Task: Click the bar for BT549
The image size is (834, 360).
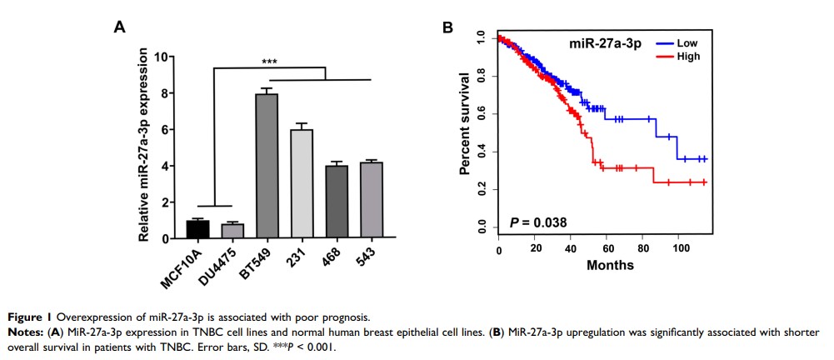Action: point(266,167)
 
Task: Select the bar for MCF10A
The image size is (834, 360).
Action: point(197,229)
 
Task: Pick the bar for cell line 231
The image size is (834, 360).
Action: point(301,184)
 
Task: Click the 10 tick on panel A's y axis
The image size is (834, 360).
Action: point(168,57)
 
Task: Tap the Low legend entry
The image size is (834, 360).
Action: point(690,41)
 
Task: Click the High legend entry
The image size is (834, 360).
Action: point(690,56)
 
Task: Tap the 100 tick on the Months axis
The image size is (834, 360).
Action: point(678,250)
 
